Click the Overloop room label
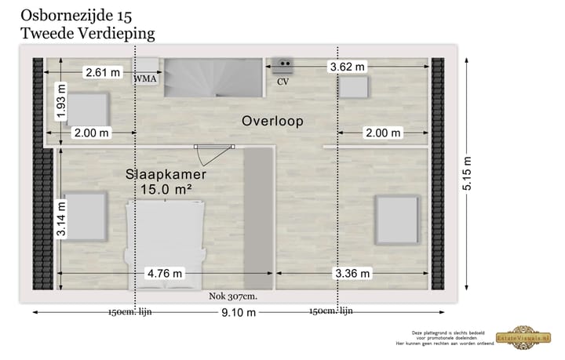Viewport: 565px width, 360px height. [x=272, y=122]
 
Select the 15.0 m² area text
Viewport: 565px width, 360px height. [x=166, y=189]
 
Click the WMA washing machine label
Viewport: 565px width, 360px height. [x=145, y=79]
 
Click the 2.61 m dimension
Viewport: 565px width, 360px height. [x=103, y=73]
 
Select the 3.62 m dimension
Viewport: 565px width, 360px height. [x=348, y=67]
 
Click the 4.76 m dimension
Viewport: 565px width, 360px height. [x=165, y=273]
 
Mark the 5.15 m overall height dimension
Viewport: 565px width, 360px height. [x=468, y=173]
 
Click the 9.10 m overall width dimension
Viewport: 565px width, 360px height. [x=239, y=312]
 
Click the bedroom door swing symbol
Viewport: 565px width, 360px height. [x=214, y=145]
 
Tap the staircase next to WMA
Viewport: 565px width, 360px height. [x=213, y=78]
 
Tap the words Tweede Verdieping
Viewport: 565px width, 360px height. [x=87, y=33]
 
